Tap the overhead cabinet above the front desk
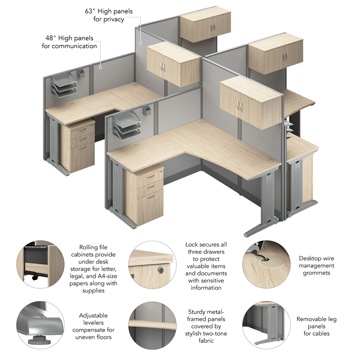(250, 101)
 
